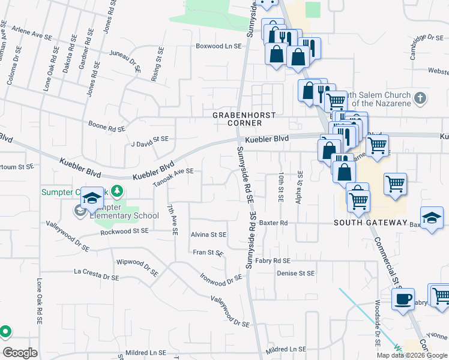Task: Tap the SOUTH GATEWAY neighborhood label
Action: [x=371, y=223]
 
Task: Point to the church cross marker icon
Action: [x=420, y=97]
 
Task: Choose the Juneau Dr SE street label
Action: [x=125, y=61]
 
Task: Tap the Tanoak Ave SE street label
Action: [x=173, y=176]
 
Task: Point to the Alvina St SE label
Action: [x=208, y=235]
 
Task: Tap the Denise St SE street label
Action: [x=295, y=273]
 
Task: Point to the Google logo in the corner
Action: [x=20, y=352]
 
